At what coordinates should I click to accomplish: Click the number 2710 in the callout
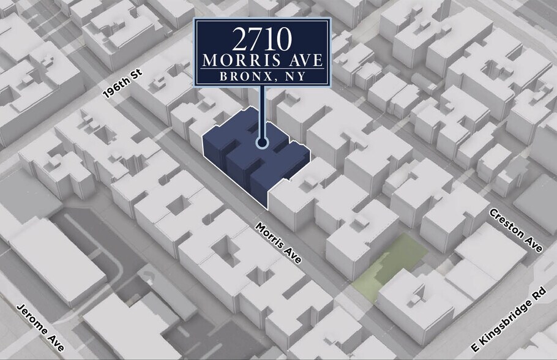tap(262, 39)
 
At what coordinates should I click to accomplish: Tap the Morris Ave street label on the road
tap(279, 242)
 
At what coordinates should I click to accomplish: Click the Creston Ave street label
tap(515, 230)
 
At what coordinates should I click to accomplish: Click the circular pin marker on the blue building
tap(263, 143)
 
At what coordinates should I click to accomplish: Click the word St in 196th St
tap(136, 73)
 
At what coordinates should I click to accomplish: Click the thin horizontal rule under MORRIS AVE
tap(263, 70)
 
